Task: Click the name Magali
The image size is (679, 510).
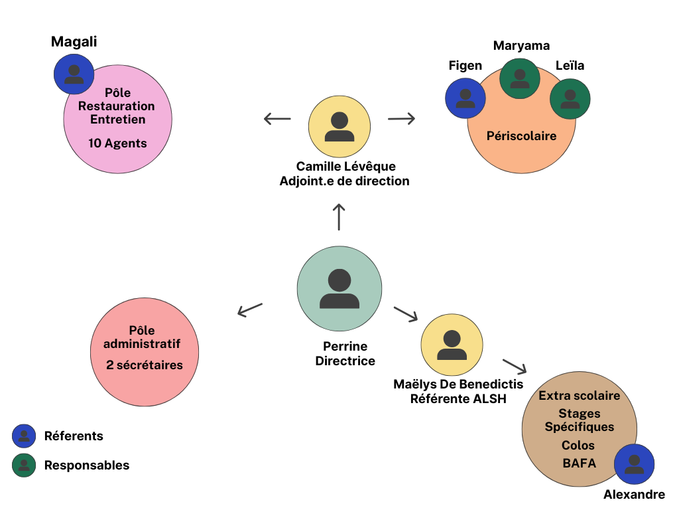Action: click(x=74, y=42)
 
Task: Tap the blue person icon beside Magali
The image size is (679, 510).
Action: click(x=74, y=74)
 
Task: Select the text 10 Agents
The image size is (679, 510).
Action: click(x=117, y=143)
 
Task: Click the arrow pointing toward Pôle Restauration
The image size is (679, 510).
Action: click(x=277, y=120)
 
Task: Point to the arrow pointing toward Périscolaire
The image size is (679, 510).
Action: click(x=401, y=119)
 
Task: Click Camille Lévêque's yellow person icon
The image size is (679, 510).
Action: click(x=339, y=126)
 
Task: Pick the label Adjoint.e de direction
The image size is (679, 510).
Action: click(x=344, y=181)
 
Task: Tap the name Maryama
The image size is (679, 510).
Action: click(x=521, y=46)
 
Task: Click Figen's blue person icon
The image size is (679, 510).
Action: click(x=465, y=98)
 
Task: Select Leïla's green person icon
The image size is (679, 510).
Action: click(x=570, y=99)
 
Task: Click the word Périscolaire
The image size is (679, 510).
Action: click(x=521, y=135)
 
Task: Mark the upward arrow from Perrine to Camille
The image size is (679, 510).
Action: click(x=339, y=217)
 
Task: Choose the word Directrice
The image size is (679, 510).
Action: click(x=345, y=361)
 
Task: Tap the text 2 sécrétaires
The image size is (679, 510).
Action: click(x=144, y=365)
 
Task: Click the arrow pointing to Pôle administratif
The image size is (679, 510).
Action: click(x=250, y=309)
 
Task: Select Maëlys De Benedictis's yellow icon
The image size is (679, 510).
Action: click(x=451, y=345)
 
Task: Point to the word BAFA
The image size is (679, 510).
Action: click(x=579, y=463)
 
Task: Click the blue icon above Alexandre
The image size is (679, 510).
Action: click(x=634, y=464)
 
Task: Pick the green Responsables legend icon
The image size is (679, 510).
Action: click(x=24, y=465)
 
